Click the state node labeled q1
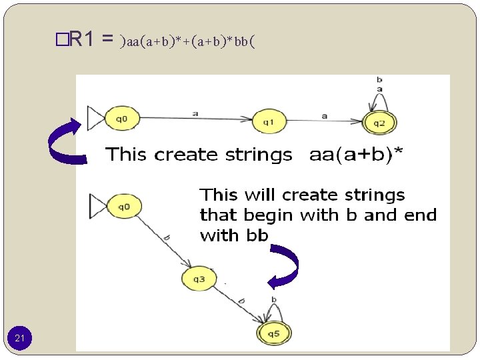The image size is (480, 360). pyautogui.click(x=268, y=121)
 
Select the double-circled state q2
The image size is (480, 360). pyautogui.click(x=379, y=122)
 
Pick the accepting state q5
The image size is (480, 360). pyautogui.click(x=273, y=333)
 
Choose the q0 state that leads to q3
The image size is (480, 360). pyautogui.click(x=124, y=207)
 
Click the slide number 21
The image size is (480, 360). pyautogui.click(x=20, y=339)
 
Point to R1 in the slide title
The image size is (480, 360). pyautogui.click(x=83, y=40)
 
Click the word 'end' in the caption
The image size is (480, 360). pyautogui.click(x=421, y=215)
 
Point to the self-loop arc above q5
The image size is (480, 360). pyautogui.click(x=273, y=312)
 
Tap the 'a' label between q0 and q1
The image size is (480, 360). pyautogui.click(x=195, y=113)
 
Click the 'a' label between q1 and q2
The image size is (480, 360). pyautogui.click(x=325, y=115)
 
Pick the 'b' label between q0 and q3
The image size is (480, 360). pyautogui.click(x=166, y=237)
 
